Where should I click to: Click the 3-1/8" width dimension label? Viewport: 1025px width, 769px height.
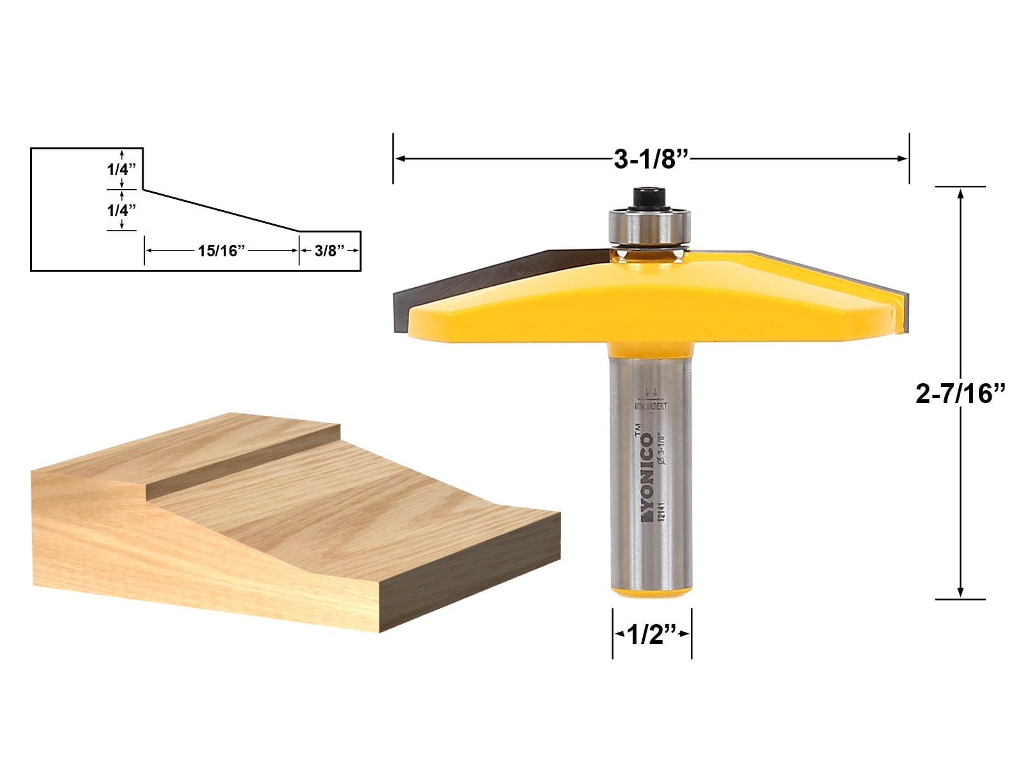pyautogui.click(x=650, y=160)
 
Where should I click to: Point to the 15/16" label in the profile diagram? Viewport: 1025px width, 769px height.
pyautogui.click(x=222, y=251)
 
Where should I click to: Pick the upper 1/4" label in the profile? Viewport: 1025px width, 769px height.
pyautogui.click(x=121, y=170)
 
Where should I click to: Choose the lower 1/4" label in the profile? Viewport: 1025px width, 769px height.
pyautogui.click(x=121, y=210)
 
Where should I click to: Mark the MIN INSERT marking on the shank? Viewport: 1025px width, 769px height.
pyautogui.click(x=651, y=406)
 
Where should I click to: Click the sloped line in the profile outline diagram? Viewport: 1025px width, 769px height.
pyautogui.click(x=221, y=210)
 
